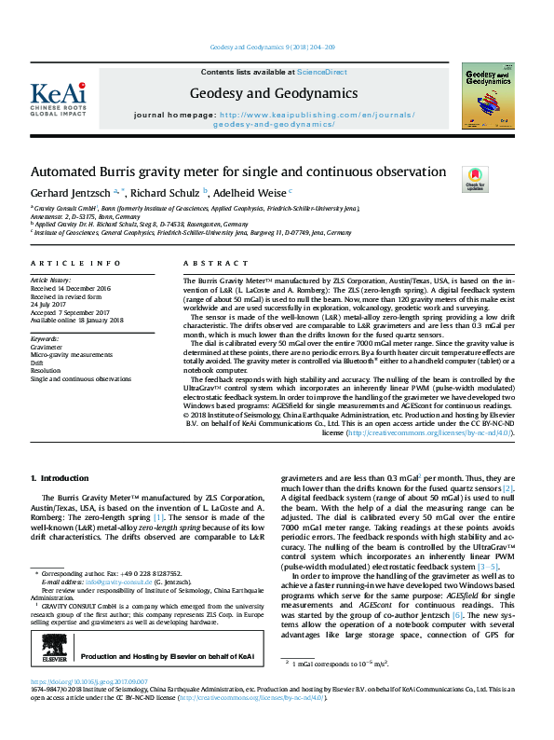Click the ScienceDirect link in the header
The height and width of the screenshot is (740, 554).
pos(322,72)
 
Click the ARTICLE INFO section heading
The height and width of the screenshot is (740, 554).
pos(75,265)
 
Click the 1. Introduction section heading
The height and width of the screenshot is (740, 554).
pos(61,478)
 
